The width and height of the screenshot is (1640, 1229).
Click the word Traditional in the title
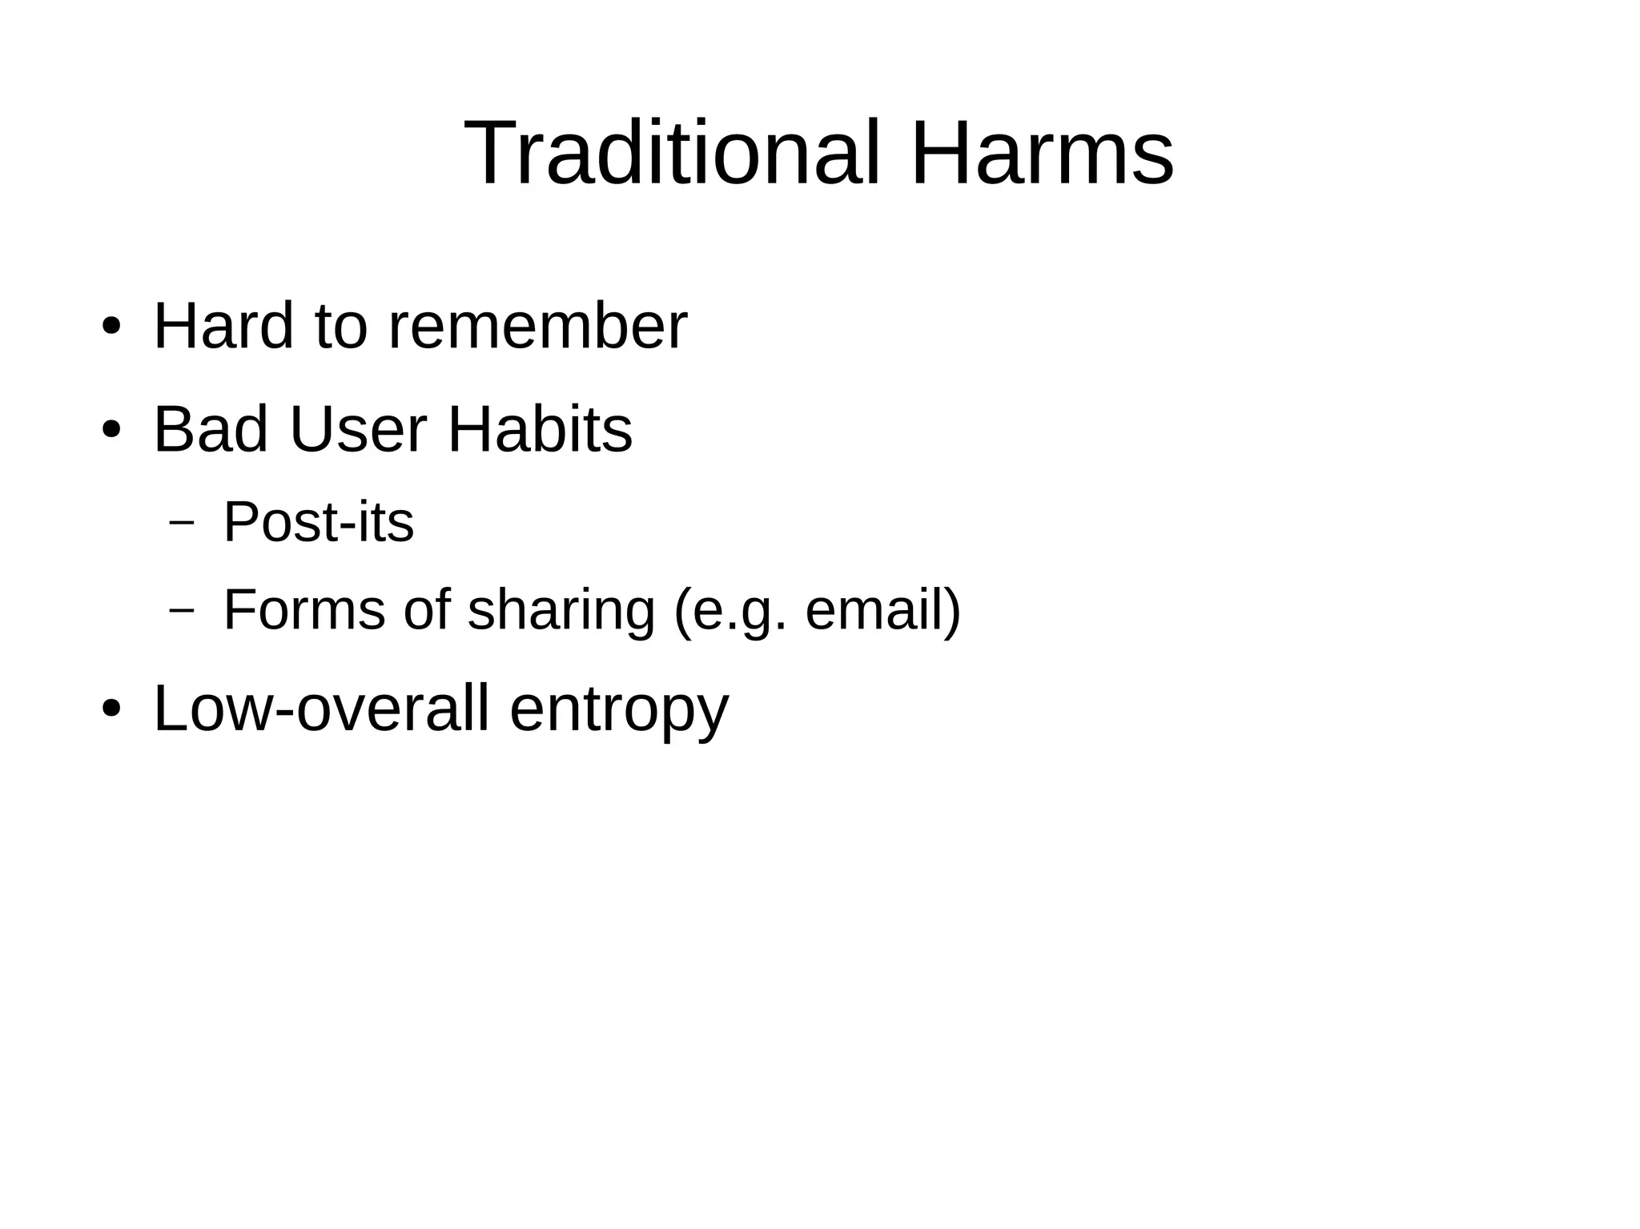pos(672,152)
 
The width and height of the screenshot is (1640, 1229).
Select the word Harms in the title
pos(1042,152)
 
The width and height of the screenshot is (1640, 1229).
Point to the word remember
pos(537,326)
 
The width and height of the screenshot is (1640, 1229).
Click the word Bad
pos(211,429)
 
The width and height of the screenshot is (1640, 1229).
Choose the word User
pos(358,429)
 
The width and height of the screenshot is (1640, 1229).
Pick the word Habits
pos(540,429)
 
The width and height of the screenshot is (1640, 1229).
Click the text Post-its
pos(318,522)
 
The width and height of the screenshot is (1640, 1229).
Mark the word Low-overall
pos(320,708)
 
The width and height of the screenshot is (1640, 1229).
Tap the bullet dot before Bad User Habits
pos(111,430)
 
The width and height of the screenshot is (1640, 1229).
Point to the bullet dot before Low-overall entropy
pos(111,709)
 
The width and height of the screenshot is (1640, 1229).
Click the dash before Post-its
pos(182,523)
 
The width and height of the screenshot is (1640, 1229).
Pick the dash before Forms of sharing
pos(182,610)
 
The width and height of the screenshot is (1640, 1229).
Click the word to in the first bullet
pos(341,326)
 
